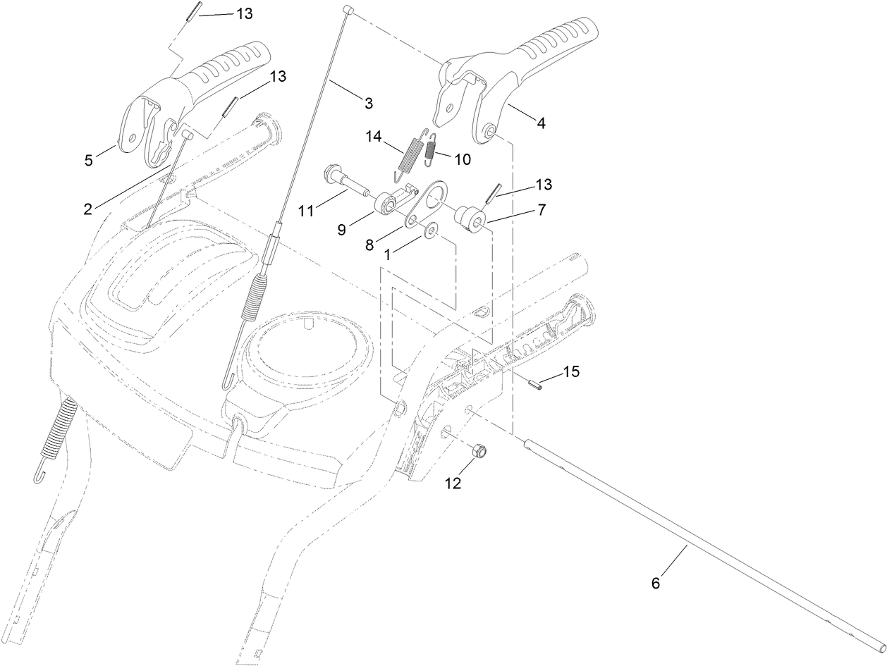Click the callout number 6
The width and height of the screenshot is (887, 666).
pyautogui.click(x=655, y=584)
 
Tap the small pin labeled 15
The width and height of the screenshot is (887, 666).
pyautogui.click(x=534, y=385)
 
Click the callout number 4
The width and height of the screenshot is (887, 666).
pyautogui.click(x=541, y=123)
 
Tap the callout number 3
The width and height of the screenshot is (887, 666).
pyautogui.click(x=367, y=104)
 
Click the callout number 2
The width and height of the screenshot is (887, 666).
pyautogui.click(x=88, y=209)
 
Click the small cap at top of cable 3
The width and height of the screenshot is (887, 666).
pyautogui.click(x=347, y=8)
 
